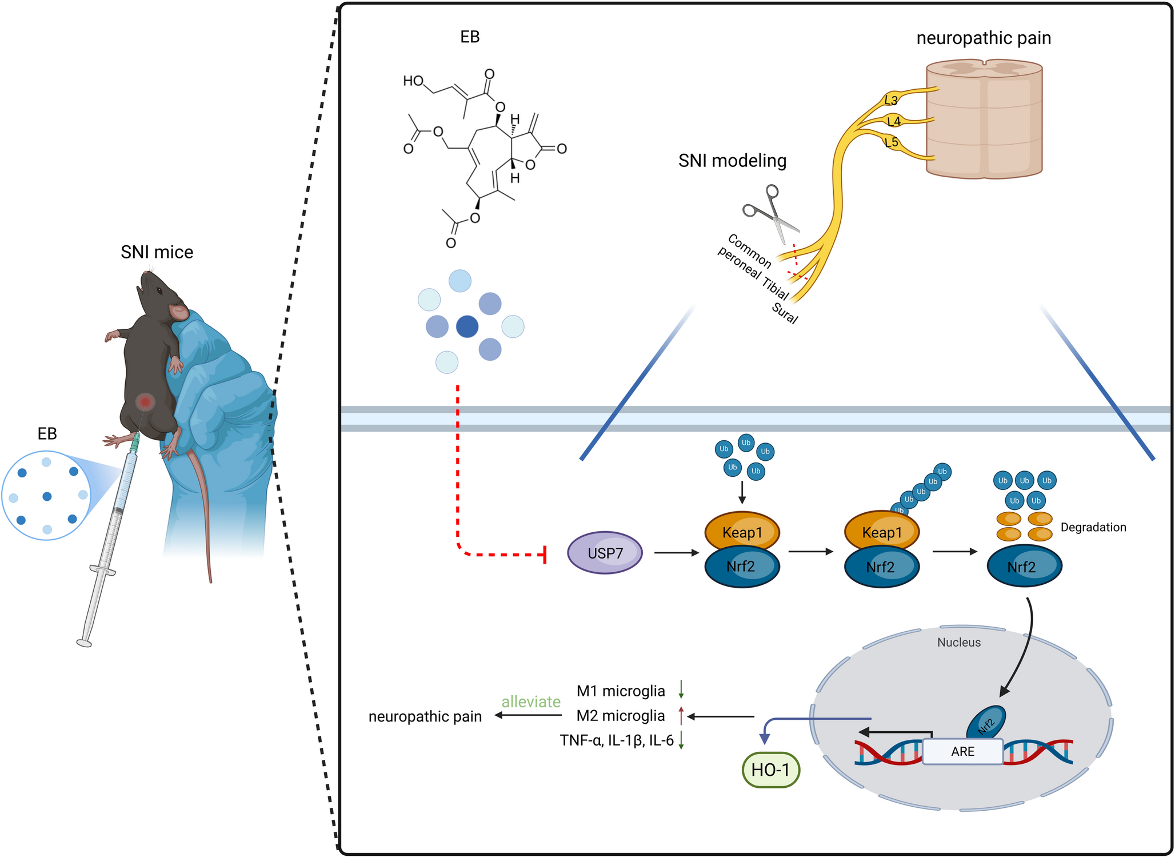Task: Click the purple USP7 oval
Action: (x=605, y=553)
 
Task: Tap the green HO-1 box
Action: (x=770, y=770)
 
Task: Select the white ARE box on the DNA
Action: (x=962, y=751)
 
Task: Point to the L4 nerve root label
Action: (x=894, y=121)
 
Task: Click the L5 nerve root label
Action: (x=891, y=142)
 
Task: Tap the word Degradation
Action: (x=1093, y=527)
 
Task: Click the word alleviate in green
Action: (x=530, y=701)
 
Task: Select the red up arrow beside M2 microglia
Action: (x=681, y=715)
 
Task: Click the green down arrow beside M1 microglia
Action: (x=681, y=689)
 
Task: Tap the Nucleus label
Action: (x=958, y=642)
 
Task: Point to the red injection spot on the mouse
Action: (x=146, y=402)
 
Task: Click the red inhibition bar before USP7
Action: (x=545, y=554)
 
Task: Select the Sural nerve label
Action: (x=784, y=313)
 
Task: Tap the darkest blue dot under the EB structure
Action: (x=467, y=326)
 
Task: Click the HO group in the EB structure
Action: (x=413, y=81)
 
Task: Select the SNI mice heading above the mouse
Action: (x=157, y=252)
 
